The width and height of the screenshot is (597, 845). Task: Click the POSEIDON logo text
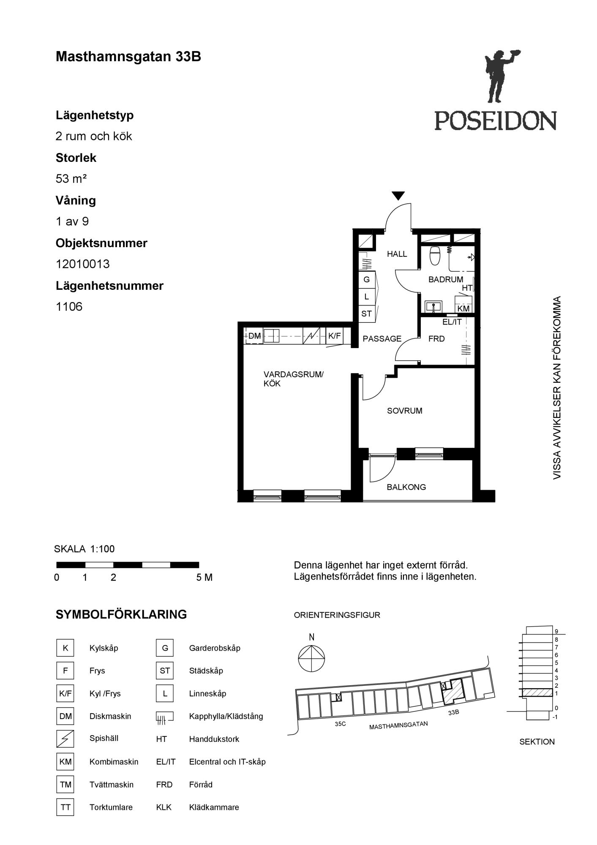tap(496, 120)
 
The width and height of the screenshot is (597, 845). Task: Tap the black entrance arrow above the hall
tap(398, 196)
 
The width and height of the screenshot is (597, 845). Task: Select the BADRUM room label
tap(446, 279)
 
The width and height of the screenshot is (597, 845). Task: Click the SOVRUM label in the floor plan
tap(405, 411)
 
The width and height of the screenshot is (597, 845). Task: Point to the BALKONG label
tap(406, 487)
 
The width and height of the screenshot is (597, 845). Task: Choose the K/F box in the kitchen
tap(335, 336)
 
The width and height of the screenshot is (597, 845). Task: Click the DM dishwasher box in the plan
tap(254, 336)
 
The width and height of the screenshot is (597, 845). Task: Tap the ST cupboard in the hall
tap(366, 314)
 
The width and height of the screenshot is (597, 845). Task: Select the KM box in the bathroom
tap(463, 308)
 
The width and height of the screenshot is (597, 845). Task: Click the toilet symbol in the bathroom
tap(435, 256)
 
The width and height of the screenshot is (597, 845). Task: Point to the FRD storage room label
tap(436, 339)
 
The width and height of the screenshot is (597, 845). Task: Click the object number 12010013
tap(83, 264)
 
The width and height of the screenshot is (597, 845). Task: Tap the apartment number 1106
tap(69, 307)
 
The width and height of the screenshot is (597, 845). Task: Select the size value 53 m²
tap(71, 179)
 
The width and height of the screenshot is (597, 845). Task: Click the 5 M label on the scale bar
tap(204, 578)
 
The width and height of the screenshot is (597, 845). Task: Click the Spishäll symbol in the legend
tap(65, 739)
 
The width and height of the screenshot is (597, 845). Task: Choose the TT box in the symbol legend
tap(65, 807)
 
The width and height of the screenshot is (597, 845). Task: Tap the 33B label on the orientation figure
tap(454, 712)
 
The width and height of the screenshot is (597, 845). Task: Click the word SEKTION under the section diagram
tap(537, 741)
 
